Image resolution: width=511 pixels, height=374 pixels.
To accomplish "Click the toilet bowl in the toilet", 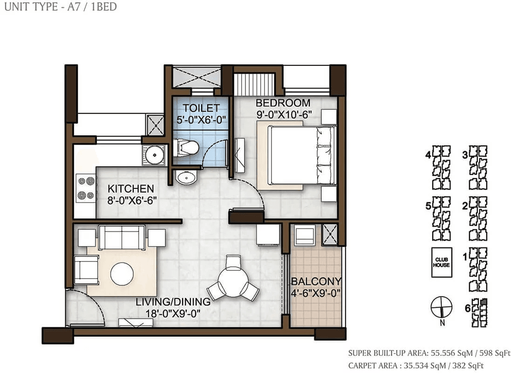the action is click(x=186, y=148).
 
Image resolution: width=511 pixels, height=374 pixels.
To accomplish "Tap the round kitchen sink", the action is click(x=154, y=155).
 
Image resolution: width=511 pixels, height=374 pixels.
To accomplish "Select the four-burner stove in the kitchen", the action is click(x=86, y=188).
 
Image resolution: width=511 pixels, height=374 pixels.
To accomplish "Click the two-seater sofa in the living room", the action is click(x=122, y=237).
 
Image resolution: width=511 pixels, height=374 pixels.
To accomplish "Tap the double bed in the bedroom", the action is click(x=302, y=156).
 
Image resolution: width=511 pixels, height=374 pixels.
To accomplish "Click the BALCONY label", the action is click(x=316, y=281).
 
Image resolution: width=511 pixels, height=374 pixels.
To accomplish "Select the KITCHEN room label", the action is click(x=131, y=188).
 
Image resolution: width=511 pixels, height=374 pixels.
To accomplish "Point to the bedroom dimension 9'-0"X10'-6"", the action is click(x=284, y=115).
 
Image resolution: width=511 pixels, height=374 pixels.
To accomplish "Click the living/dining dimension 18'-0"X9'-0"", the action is click(x=173, y=314).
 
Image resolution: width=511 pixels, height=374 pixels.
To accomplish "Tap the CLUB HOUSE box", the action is click(x=442, y=263).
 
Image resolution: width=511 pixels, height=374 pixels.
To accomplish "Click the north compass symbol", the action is click(x=442, y=308).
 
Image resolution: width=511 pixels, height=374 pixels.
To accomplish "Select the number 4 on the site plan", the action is click(x=428, y=155).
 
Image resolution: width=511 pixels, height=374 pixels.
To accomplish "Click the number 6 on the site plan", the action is click(x=468, y=308).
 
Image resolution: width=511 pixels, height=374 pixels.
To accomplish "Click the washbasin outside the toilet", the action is click(x=186, y=177).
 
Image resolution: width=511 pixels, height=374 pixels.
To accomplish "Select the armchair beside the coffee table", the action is click(x=86, y=270).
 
